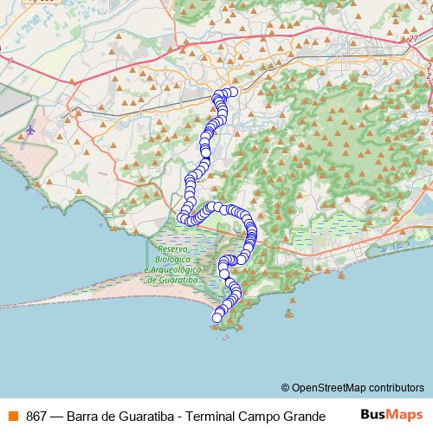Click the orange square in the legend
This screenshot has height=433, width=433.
pyautogui.click(x=13, y=416)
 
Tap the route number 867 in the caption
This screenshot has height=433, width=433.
pyautogui.click(x=36, y=416)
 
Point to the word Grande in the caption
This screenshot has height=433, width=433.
pyautogui.click(x=303, y=416)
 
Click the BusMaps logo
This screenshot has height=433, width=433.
pyautogui.click(x=391, y=415)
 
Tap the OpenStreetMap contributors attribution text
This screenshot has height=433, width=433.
pyautogui.click(x=358, y=387)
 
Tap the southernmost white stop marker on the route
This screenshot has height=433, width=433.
pyautogui.click(x=216, y=318)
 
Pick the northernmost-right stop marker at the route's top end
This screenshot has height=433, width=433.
pyautogui.click(x=233, y=92)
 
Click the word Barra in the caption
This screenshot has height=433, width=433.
pyautogui.click(x=81, y=416)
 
